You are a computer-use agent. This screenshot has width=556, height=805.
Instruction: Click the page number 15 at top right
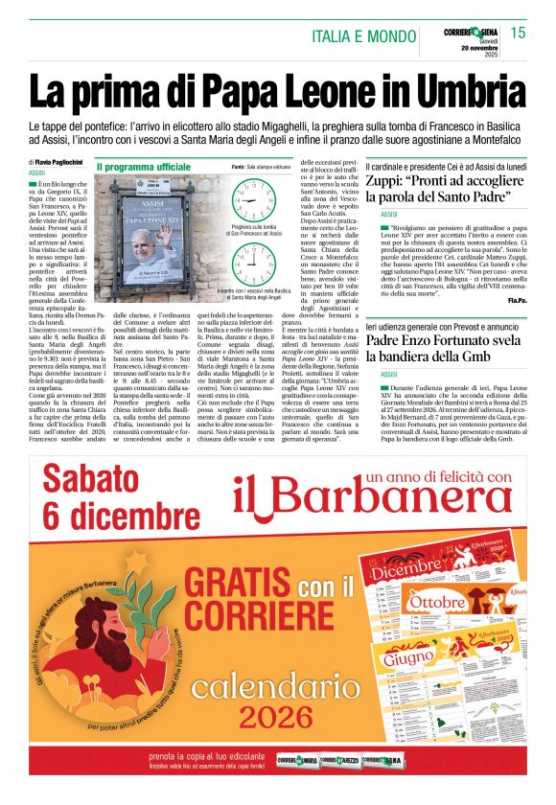[x=518, y=33]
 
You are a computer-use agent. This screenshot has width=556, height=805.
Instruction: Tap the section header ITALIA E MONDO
[x=364, y=36]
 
